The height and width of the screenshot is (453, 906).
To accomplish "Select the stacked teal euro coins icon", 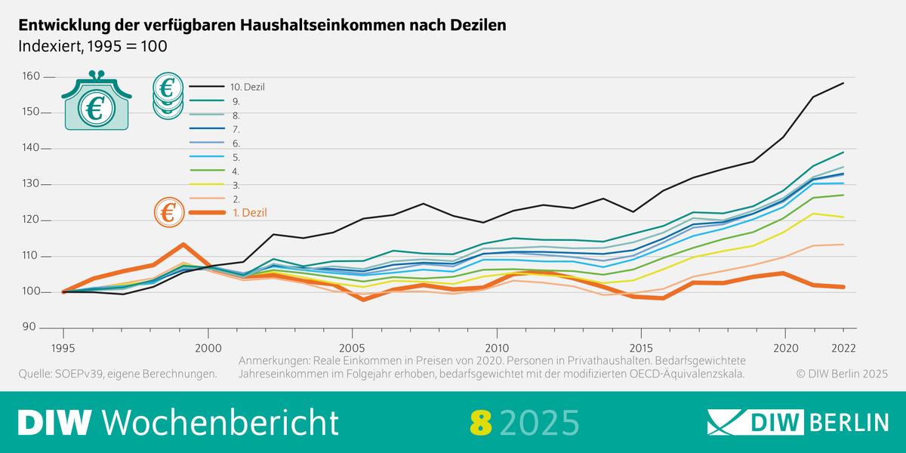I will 168,95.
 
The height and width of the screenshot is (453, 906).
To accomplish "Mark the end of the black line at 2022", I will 843,83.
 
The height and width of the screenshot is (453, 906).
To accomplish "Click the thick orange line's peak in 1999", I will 183,245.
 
